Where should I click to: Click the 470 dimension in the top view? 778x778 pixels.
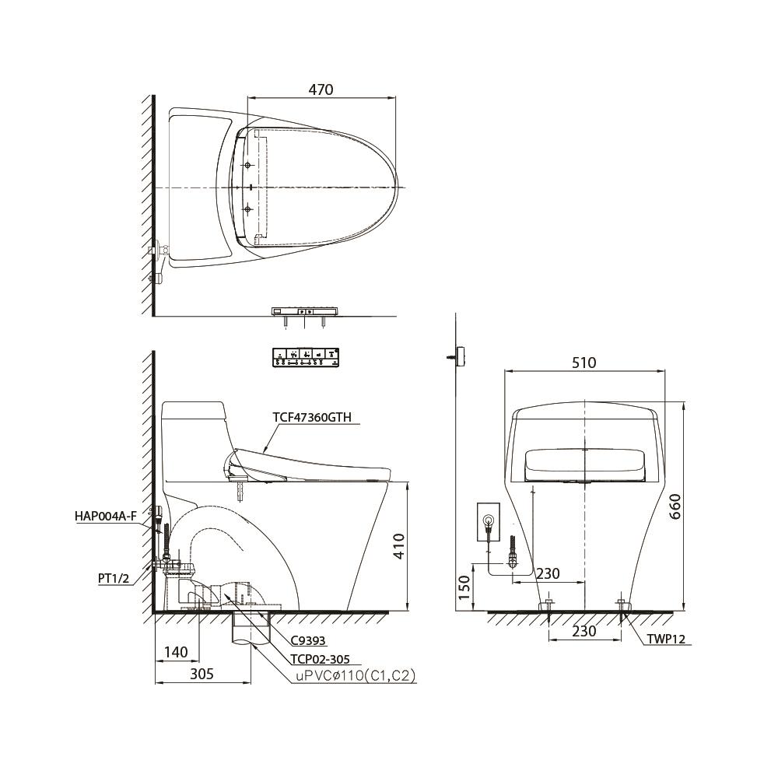320,89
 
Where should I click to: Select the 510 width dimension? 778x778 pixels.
583,363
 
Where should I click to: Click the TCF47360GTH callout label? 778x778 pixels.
312,417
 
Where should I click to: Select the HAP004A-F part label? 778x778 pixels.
106,515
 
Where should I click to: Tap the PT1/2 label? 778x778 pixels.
114,578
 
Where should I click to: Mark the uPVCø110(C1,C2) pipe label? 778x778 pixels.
355,677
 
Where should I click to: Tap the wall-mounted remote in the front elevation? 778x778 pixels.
461,355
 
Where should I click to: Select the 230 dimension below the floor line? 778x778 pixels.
583,631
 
